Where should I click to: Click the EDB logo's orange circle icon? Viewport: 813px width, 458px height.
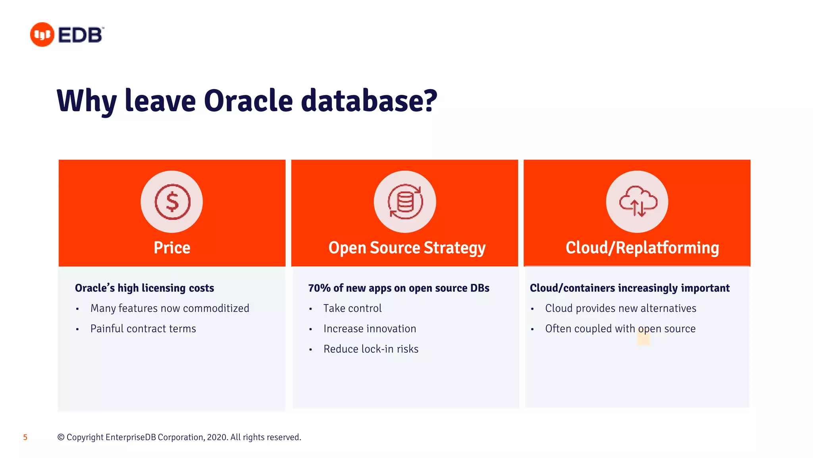tap(42, 35)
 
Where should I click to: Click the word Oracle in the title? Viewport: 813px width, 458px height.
tap(249, 101)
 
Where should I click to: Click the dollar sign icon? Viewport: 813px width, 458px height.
tap(172, 202)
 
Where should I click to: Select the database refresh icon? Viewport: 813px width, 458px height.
tap(405, 202)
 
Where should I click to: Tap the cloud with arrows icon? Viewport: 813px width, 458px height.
tap(638, 202)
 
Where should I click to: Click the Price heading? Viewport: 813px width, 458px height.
tap(172, 248)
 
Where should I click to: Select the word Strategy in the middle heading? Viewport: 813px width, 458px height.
tap(455, 248)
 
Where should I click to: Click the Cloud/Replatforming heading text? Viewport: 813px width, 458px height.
tap(642, 248)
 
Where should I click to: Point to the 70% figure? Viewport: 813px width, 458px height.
tap(319, 288)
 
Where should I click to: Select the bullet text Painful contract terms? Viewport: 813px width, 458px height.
tap(143, 329)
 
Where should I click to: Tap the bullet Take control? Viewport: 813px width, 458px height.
tap(353, 309)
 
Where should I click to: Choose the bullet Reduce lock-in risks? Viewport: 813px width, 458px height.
tap(371, 349)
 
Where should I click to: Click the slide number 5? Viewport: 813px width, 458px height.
tap(25, 437)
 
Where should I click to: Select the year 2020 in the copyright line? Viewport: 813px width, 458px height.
tap(217, 437)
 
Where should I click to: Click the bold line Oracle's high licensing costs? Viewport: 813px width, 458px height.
tap(144, 288)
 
